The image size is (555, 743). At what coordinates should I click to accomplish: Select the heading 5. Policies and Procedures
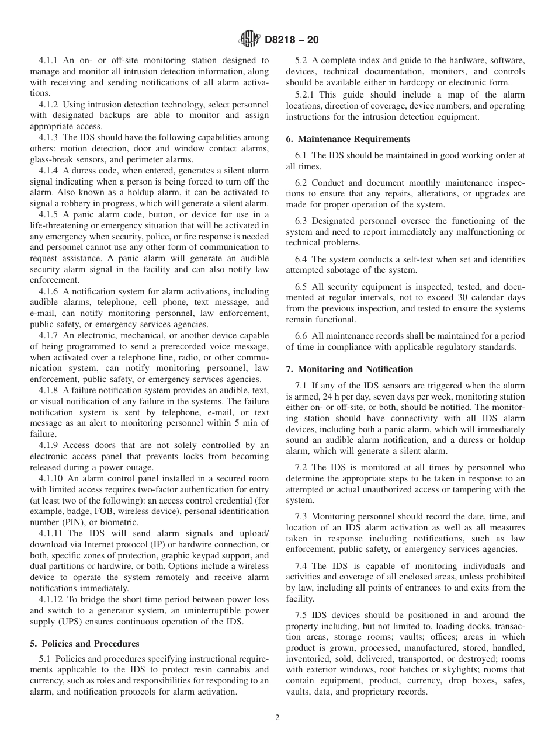[x=85, y=644]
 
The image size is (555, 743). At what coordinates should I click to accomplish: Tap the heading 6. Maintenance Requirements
[x=348, y=139]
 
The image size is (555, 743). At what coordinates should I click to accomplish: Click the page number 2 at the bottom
[x=277, y=718]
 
